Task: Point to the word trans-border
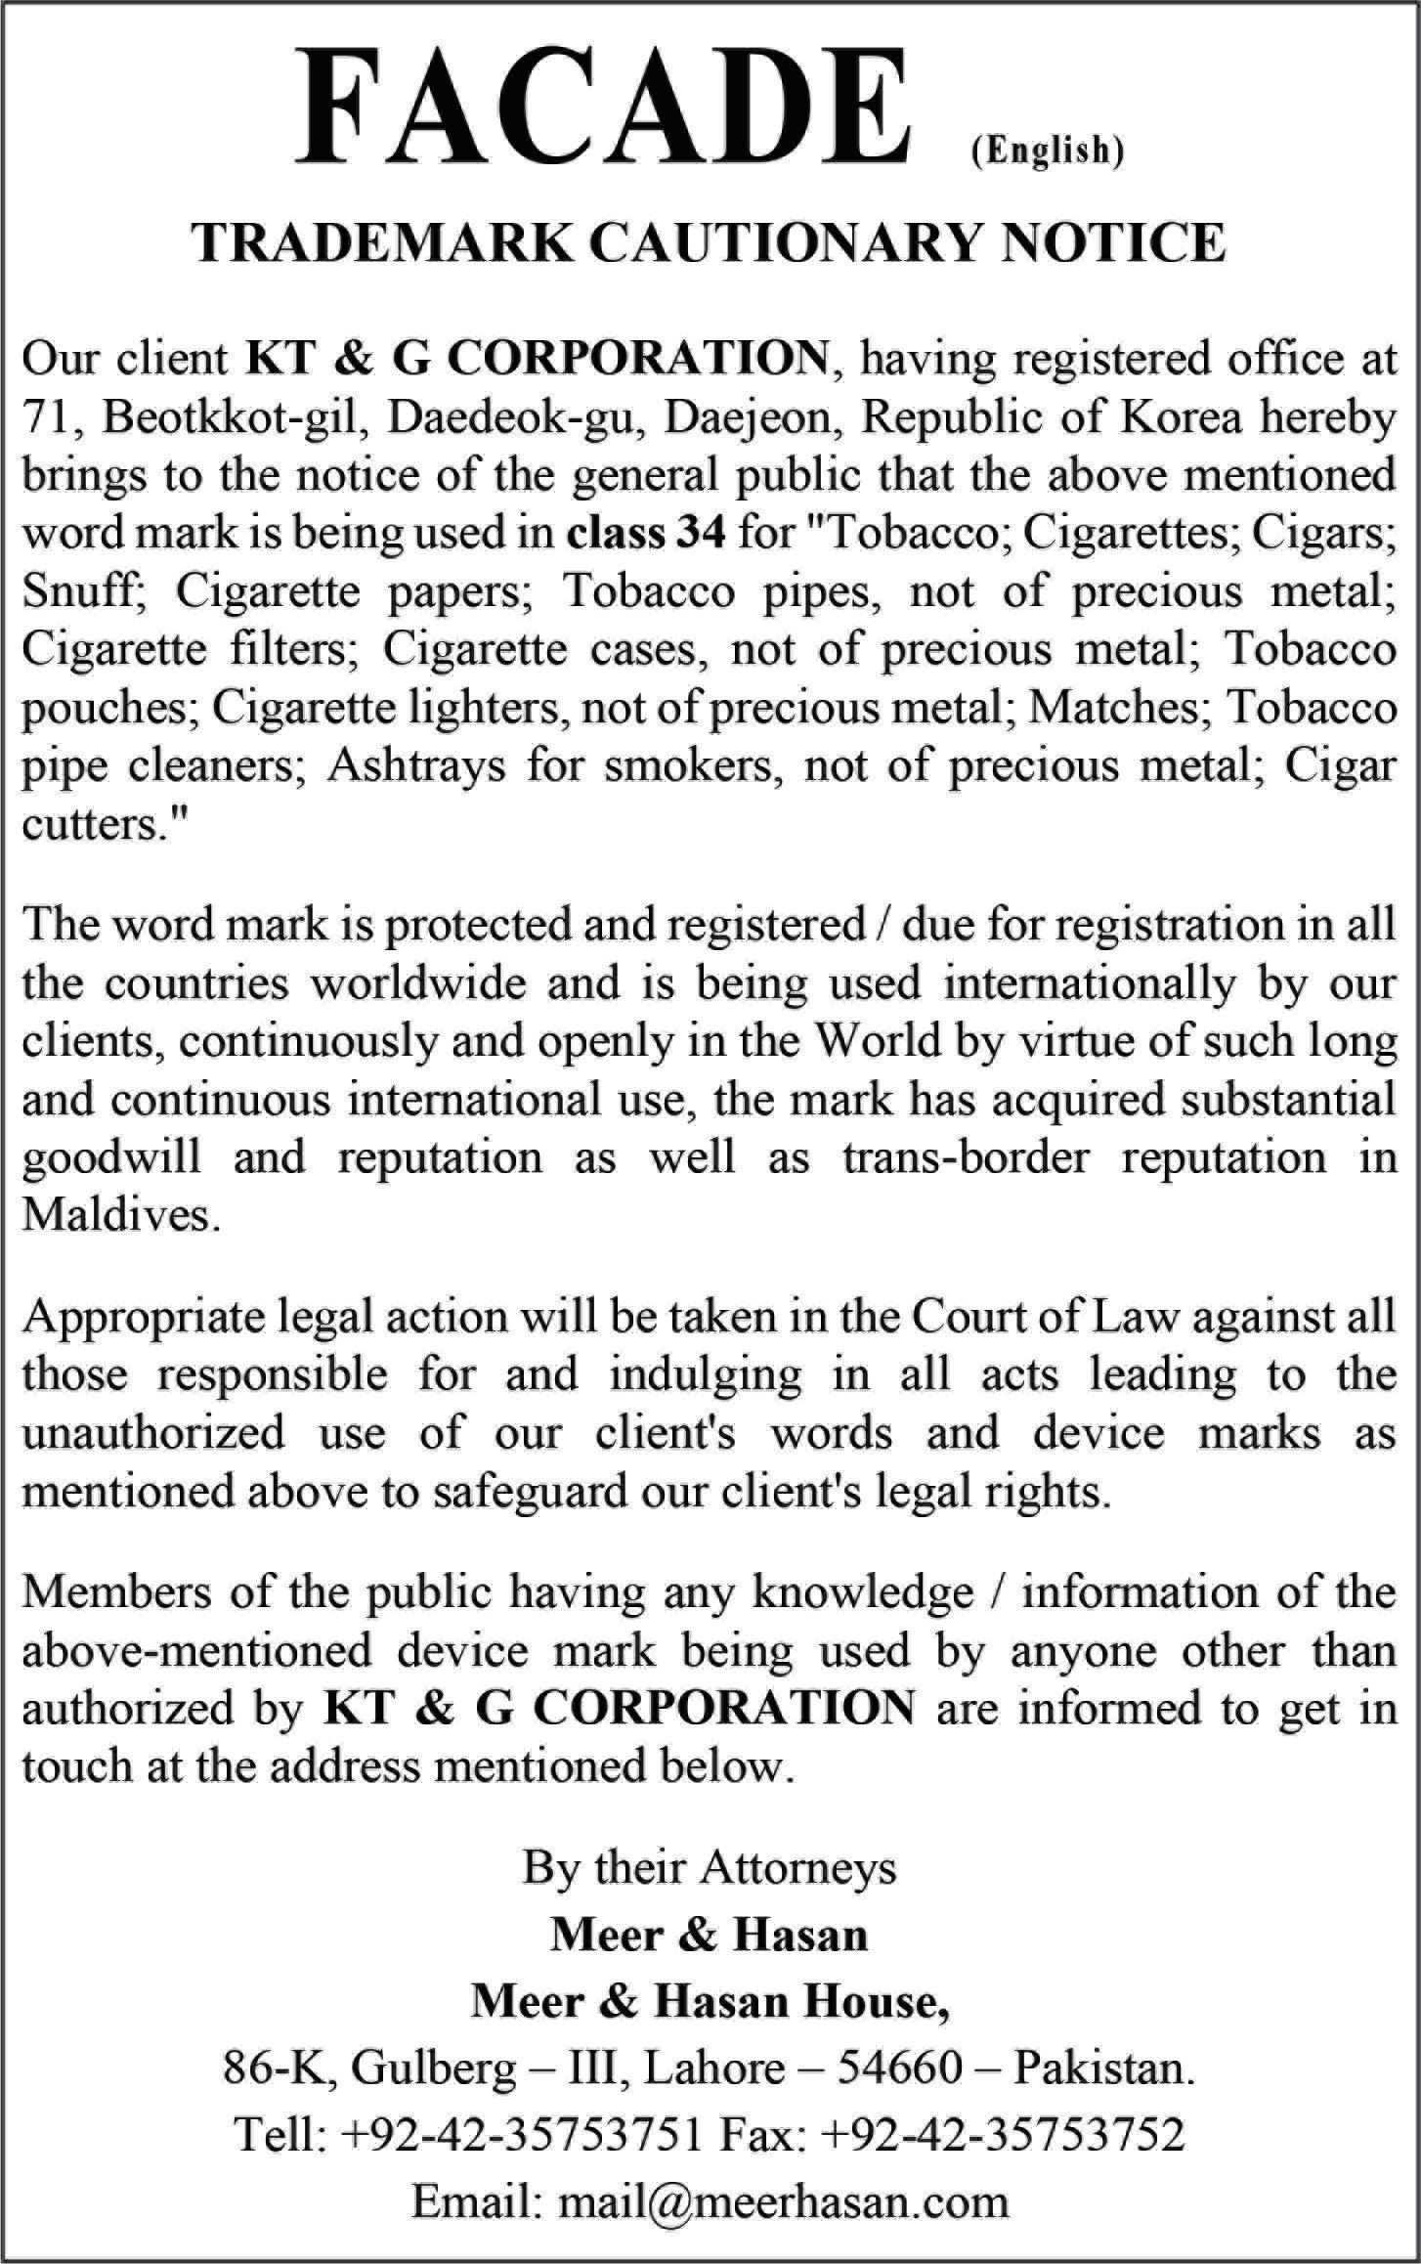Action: click(x=966, y=1158)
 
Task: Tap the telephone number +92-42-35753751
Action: click(x=521, y=2136)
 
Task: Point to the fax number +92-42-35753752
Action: click(x=1004, y=2136)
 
